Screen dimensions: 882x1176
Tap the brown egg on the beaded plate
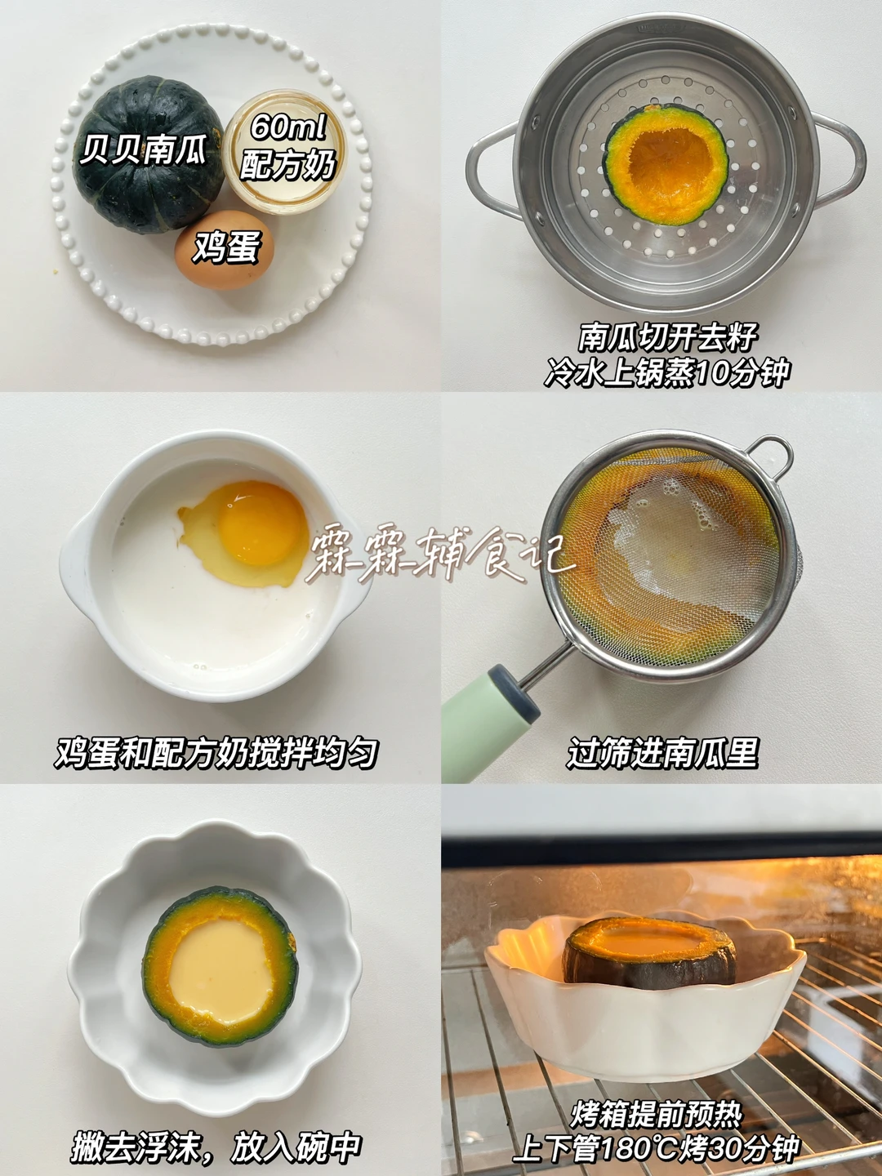[225, 250]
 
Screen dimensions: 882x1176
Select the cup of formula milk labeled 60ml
[285, 152]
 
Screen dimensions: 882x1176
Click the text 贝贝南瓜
[144, 149]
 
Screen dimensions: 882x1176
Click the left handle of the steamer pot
[491, 171]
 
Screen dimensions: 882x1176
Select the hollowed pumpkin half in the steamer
[666, 164]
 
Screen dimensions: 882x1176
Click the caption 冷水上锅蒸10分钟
[666, 372]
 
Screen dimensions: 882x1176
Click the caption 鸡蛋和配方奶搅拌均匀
[216, 753]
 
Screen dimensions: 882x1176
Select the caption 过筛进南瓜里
[663, 753]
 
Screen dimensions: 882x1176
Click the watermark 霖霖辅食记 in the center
[440, 557]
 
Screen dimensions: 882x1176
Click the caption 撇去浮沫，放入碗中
[216, 1144]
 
